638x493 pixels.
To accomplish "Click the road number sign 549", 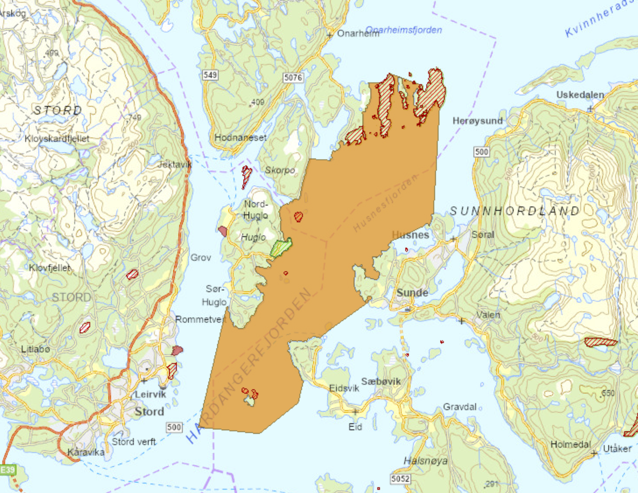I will (x=210, y=75).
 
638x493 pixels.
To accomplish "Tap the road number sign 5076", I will (x=293, y=78).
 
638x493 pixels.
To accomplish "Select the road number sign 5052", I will (x=400, y=478).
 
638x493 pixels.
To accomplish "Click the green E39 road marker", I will (x=7, y=470).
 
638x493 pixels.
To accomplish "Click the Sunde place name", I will (x=412, y=293).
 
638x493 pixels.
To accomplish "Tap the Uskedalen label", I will (x=580, y=95).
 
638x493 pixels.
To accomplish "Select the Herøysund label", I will (x=477, y=121).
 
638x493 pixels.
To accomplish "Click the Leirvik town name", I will (x=151, y=394).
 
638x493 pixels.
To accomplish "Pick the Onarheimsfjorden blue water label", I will (x=403, y=30).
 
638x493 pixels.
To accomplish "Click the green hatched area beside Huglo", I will (x=281, y=248).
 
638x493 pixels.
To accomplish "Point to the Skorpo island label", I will (x=279, y=170).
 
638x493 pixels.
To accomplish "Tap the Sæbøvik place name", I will (x=381, y=381).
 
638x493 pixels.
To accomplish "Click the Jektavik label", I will (x=175, y=164).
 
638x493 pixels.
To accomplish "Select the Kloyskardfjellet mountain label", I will (x=57, y=139).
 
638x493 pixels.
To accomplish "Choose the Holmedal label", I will (x=570, y=444).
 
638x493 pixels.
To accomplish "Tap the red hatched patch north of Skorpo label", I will (x=247, y=176).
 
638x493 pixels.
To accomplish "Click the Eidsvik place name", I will (x=344, y=388).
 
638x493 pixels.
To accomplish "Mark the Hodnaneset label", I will (x=240, y=137).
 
